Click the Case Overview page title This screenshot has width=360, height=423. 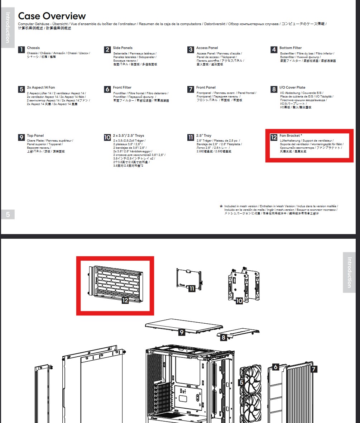(52, 16)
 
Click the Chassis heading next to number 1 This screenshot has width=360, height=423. (33, 48)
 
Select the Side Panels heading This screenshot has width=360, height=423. (123, 48)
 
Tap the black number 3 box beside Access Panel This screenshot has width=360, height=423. (191, 50)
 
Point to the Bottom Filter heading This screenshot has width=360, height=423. (291, 48)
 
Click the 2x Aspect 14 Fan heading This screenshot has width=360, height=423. (41, 87)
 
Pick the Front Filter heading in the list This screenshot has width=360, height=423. (122, 87)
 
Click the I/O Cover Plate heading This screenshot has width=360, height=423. (292, 87)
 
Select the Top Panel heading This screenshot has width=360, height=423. (35, 136)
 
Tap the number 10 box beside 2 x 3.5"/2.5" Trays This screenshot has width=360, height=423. (107, 137)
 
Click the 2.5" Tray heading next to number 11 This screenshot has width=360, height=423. (204, 136)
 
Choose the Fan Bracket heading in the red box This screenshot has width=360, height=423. (291, 136)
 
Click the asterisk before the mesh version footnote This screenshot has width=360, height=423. (221, 206)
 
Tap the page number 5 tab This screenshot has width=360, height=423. (8, 214)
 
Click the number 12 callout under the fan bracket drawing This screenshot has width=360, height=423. (125, 301)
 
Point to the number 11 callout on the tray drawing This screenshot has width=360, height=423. (192, 288)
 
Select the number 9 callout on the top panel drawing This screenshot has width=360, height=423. (182, 332)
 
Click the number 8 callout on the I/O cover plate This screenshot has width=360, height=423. (224, 338)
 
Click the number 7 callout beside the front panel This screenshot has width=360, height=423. (314, 369)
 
